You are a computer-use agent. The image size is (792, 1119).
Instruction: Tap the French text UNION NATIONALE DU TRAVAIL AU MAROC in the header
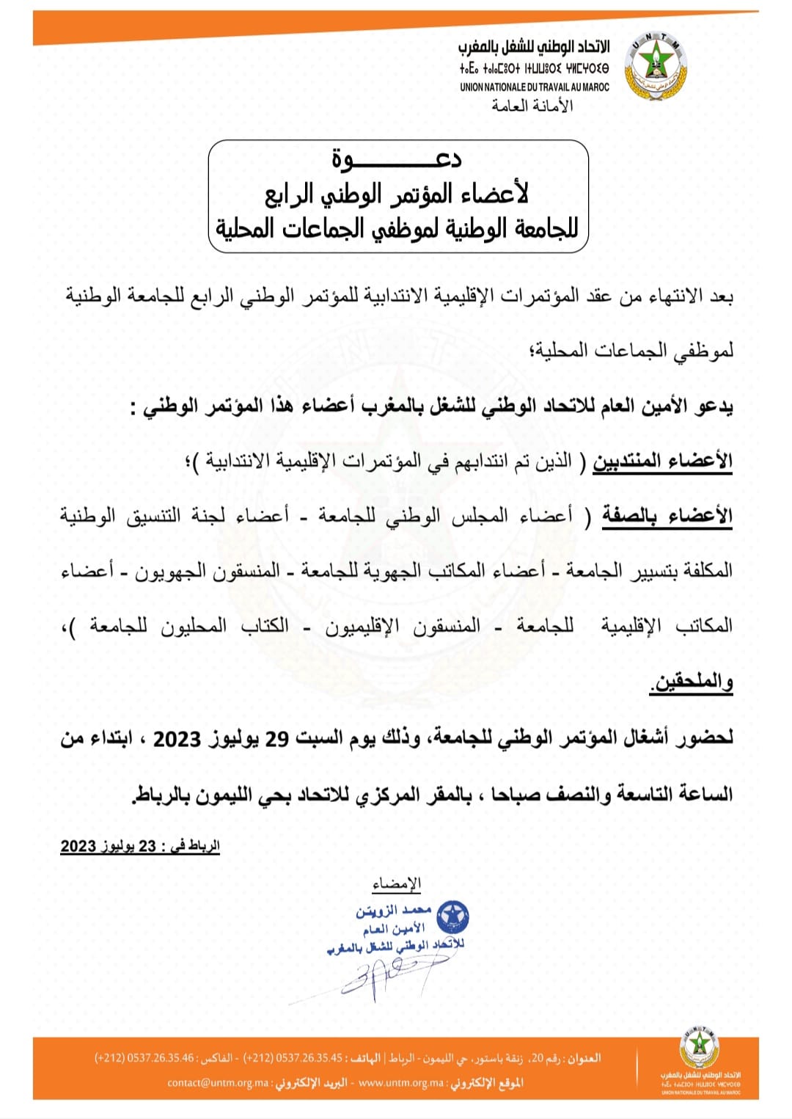coord(535,87)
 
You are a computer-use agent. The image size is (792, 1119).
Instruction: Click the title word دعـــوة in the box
coord(397,158)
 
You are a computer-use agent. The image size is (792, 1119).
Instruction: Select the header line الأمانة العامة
coord(532,106)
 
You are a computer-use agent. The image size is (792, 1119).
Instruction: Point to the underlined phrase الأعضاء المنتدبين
coord(662,461)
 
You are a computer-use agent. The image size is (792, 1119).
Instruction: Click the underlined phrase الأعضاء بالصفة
coord(667,516)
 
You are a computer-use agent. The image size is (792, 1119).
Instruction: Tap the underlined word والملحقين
coord(692,682)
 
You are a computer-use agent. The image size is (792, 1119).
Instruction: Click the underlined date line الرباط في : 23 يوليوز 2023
coord(140,846)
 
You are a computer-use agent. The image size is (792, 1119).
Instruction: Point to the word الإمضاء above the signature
coord(397,883)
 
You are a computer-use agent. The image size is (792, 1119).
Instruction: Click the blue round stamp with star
coord(452,916)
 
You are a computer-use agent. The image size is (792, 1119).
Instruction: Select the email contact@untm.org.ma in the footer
coord(218,1083)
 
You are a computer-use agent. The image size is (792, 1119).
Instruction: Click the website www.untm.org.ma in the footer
coord(402,1083)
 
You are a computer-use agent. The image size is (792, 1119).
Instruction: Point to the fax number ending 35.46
coord(144,1058)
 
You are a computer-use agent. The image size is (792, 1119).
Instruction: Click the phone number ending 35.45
coord(293,1058)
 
